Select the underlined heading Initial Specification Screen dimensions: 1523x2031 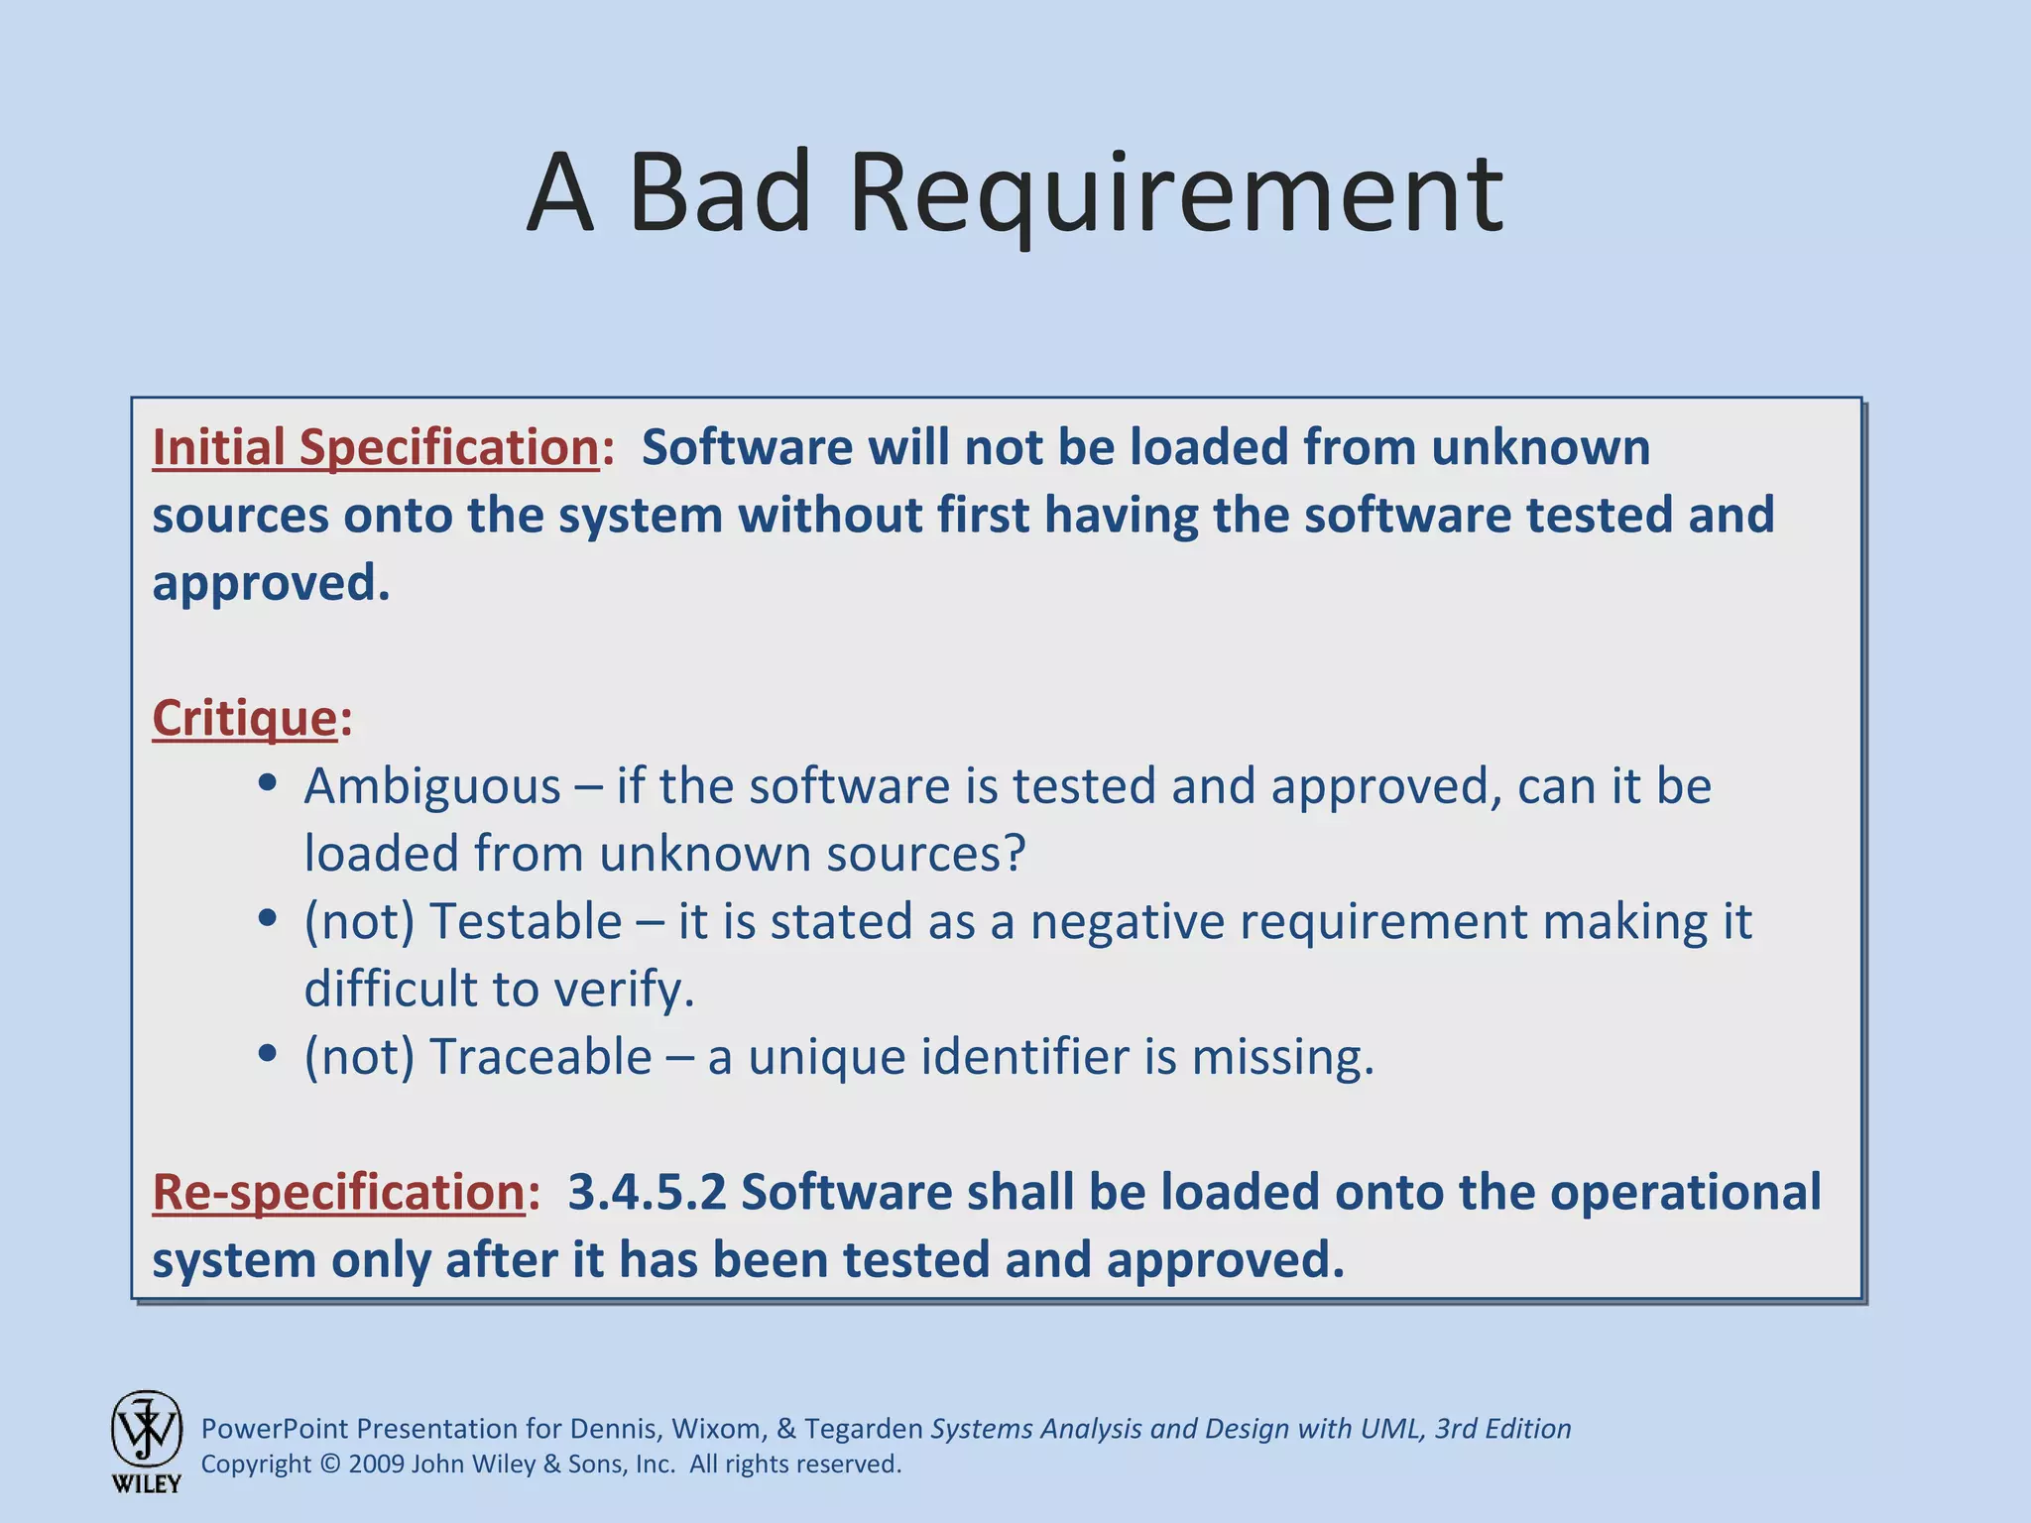375,448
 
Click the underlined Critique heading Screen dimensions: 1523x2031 245,718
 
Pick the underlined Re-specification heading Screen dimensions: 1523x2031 338,1192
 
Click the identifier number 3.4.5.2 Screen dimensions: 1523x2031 647,1192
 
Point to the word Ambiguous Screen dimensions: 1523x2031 432,786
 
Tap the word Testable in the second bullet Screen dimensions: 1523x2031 526,921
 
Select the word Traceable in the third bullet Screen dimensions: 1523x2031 540,1057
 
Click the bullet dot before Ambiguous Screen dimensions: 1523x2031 266,783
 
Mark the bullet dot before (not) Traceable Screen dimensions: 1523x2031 266,1053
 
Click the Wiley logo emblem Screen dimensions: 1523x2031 147,1430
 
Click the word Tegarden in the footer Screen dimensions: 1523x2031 863,1429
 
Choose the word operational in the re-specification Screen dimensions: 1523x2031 1685,1192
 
